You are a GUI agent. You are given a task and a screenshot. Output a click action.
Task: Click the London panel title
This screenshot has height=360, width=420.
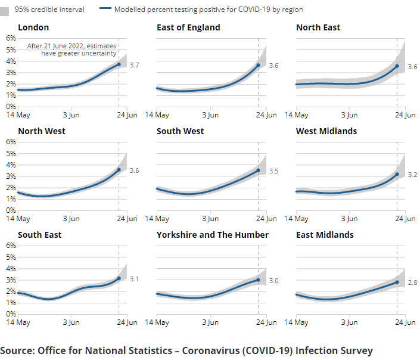click(33, 27)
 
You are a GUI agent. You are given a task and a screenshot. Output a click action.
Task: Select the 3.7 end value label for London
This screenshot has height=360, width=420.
click(135, 65)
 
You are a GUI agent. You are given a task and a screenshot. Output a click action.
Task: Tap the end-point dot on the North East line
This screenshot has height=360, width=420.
click(397, 66)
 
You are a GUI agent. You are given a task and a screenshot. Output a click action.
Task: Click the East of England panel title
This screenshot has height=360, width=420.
click(188, 27)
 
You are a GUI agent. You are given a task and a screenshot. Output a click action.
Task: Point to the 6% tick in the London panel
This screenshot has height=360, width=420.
click(11, 38)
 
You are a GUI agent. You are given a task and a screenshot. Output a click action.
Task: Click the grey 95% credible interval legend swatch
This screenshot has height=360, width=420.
click(5, 10)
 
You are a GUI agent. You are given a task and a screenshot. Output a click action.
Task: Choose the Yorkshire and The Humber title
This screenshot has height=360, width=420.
click(213, 235)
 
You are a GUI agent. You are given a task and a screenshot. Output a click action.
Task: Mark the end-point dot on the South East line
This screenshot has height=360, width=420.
click(119, 278)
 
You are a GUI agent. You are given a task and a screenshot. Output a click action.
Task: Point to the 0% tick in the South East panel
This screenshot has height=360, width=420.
click(11, 314)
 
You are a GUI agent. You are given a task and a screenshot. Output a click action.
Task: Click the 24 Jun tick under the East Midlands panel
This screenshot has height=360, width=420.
click(406, 322)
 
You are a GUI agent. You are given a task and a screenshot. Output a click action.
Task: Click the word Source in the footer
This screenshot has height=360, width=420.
click(17, 350)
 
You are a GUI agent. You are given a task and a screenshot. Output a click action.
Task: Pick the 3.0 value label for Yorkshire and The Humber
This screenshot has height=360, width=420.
click(273, 281)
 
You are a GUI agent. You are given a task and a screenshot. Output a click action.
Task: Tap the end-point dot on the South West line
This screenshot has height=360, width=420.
click(258, 170)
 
